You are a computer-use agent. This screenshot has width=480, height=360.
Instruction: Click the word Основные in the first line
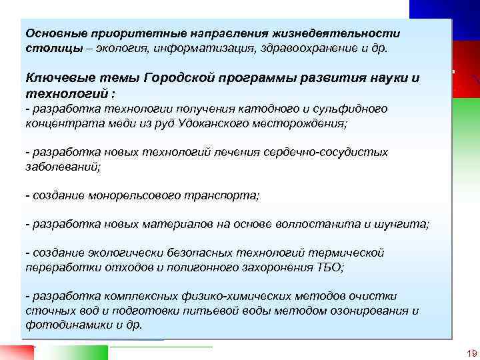pos(50,33)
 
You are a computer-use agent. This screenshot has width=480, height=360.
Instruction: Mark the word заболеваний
pos(62,167)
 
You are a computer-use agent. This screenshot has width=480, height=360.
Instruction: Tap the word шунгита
pos(402,225)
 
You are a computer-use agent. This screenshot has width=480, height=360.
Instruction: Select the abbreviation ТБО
pos(328,268)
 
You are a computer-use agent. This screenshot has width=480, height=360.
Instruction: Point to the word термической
pos(346,253)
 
